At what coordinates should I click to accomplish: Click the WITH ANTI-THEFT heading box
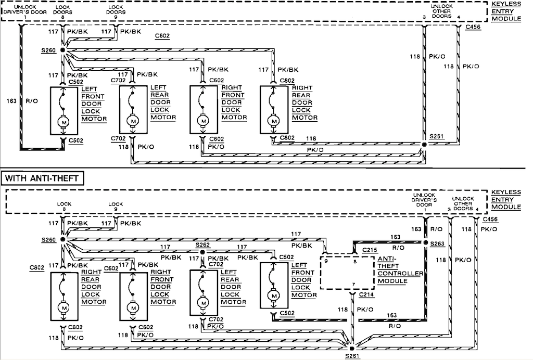tap(43, 178)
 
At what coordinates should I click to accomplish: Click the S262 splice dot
tap(202, 252)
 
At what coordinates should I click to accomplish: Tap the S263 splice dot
tap(425, 242)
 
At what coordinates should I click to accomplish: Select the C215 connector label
tap(370, 250)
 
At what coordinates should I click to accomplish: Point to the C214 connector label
tap(366, 294)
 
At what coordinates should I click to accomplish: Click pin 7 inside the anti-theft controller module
tap(353, 285)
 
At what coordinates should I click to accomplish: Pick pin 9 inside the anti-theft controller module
tap(326, 261)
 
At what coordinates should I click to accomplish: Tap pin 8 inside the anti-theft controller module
tap(355, 262)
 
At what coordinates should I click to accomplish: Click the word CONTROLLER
tap(400, 274)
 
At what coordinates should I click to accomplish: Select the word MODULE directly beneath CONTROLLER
tap(392, 281)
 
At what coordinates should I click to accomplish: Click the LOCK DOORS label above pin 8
tap(62, 9)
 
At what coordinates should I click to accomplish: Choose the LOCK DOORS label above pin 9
tap(116, 9)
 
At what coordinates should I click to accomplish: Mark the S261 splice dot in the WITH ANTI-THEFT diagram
tap(352, 349)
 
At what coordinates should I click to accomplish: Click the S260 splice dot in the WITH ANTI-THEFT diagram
tap(62, 239)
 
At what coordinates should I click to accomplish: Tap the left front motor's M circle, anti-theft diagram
tap(274, 296)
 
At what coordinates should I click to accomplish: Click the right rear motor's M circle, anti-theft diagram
tap(63, 307)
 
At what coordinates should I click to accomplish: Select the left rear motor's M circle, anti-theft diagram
tap(204, 303)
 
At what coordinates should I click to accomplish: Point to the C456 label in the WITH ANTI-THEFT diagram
tap(490, 219)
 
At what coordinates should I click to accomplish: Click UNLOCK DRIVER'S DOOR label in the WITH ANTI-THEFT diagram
tap(424, 200)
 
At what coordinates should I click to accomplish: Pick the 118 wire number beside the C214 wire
tap(342, 310)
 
